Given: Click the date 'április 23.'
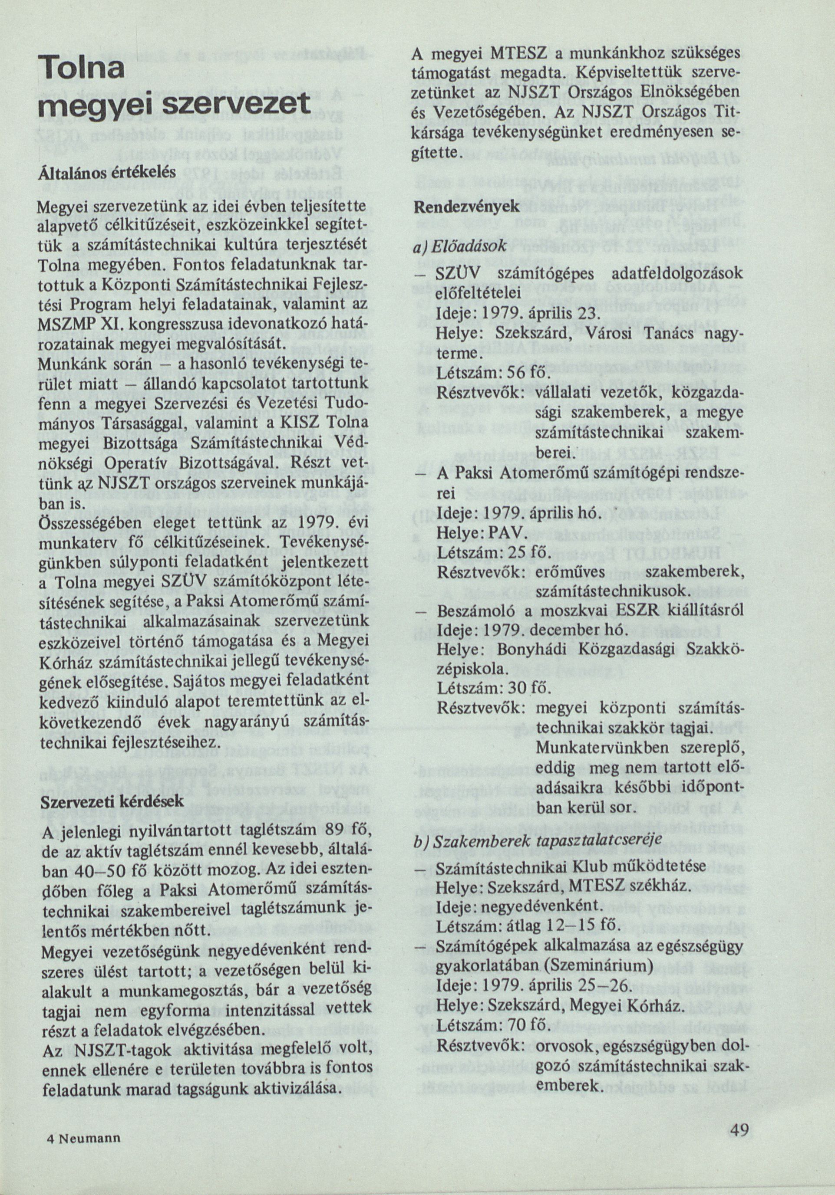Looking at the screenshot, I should pyautogui.click(x=576, y=316).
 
